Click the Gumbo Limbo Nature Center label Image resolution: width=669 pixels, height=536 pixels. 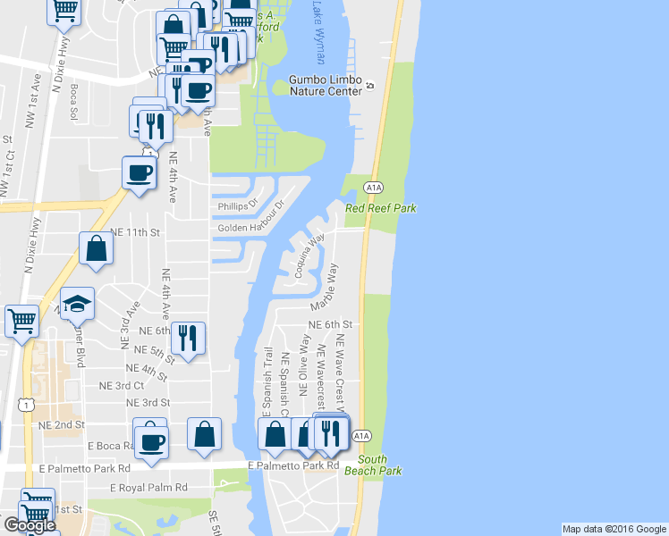click(x=325, y=87)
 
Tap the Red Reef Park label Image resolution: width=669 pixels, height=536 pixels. click(x=381, y=208)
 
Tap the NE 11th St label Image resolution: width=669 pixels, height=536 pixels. click(x=134, y=232)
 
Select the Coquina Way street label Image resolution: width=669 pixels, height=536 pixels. click(x=309, y=257)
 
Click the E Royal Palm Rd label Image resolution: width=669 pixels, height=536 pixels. click(x=148, y=488)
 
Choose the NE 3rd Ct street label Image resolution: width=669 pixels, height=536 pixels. click(x=122, y=385)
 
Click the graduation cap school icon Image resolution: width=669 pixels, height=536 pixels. click(x=77, y=305)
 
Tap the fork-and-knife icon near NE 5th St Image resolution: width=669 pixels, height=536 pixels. click(x=187, y=338)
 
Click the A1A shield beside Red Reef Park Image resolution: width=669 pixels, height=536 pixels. click(x=374, y=186)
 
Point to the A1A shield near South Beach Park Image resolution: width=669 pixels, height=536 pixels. click(x=360, y=436)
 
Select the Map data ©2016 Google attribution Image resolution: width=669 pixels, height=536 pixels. click(x=614, y=529)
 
